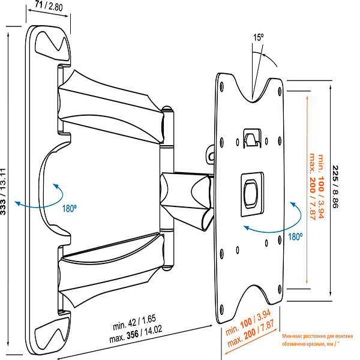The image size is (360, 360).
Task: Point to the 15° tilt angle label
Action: pos(258,37)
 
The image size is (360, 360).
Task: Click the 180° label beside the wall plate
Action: pos(68,210)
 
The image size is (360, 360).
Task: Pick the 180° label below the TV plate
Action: pos(294,237)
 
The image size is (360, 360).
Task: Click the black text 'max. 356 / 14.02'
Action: pos(145,337)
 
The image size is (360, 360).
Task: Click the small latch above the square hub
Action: pos(251,137)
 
